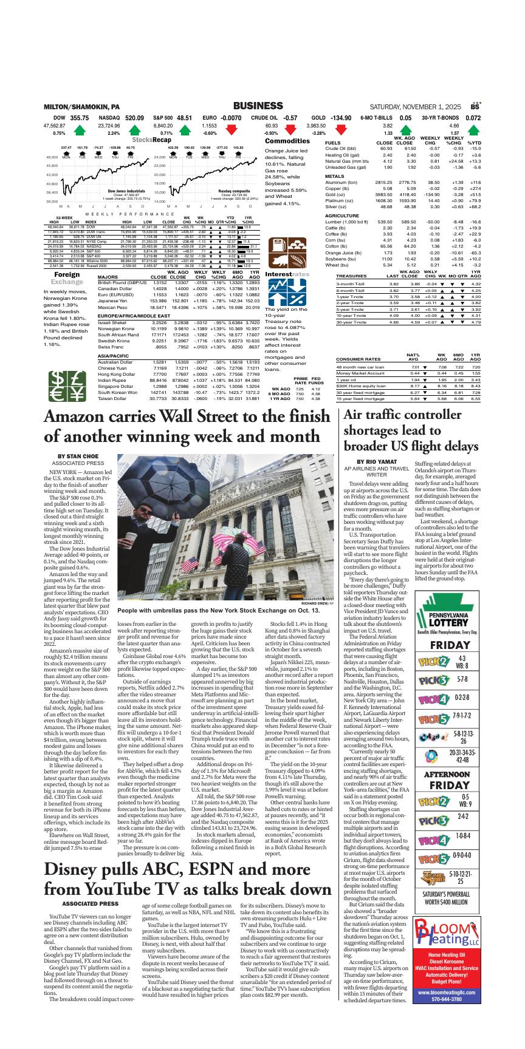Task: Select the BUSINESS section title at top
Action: click(258, 106)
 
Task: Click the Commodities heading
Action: click(287, 141)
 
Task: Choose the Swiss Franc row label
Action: click(109, 347)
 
